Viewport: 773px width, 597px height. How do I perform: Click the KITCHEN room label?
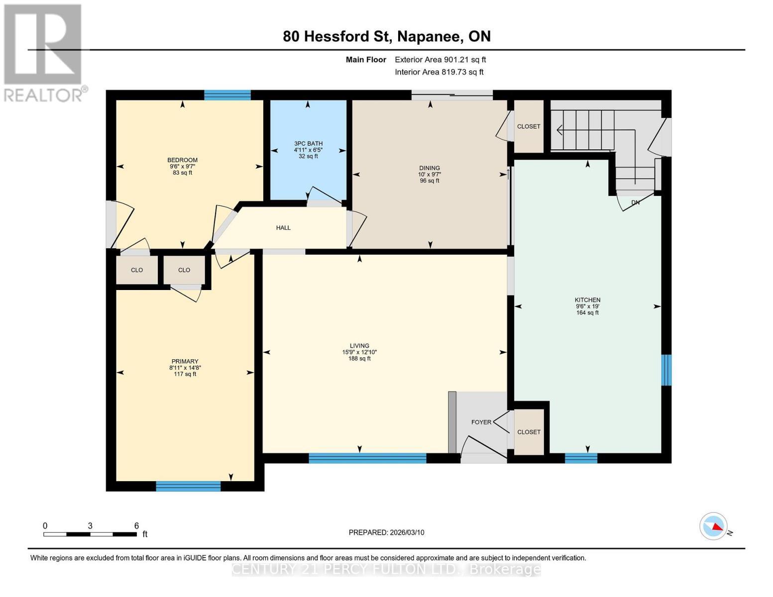click(587, 300)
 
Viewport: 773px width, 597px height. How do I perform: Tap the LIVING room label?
click(359, 346)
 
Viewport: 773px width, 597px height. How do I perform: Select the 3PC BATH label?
click(308, 144)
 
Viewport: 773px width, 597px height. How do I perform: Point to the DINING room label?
click(429, 168)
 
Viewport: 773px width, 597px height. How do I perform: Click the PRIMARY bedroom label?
click(185, 362)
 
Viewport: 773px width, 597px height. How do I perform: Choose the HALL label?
click(283, 228)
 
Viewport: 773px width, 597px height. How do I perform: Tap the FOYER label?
click(481, 422)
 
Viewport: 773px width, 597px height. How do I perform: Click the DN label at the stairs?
click(635, 202)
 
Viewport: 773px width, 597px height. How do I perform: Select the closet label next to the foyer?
click(529, 432)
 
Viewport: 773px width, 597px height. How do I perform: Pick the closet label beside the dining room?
click(529, 126)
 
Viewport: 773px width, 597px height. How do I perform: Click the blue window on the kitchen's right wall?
click(666, 370)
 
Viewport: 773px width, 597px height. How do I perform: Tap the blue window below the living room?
click(367, 458)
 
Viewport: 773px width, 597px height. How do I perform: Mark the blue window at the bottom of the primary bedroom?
click(188, 486)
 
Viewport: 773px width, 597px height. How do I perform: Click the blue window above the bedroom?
click(227, 95)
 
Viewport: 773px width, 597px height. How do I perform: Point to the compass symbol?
click(713, 526)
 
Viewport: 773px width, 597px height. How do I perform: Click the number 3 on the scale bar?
click(90, 526)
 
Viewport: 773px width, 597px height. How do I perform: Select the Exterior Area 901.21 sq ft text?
click(440, 60)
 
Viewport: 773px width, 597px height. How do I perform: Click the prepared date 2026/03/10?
click(406, 532)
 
